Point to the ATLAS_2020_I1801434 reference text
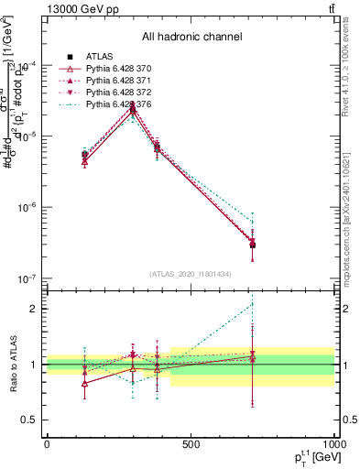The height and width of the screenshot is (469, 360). coord(189,274)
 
